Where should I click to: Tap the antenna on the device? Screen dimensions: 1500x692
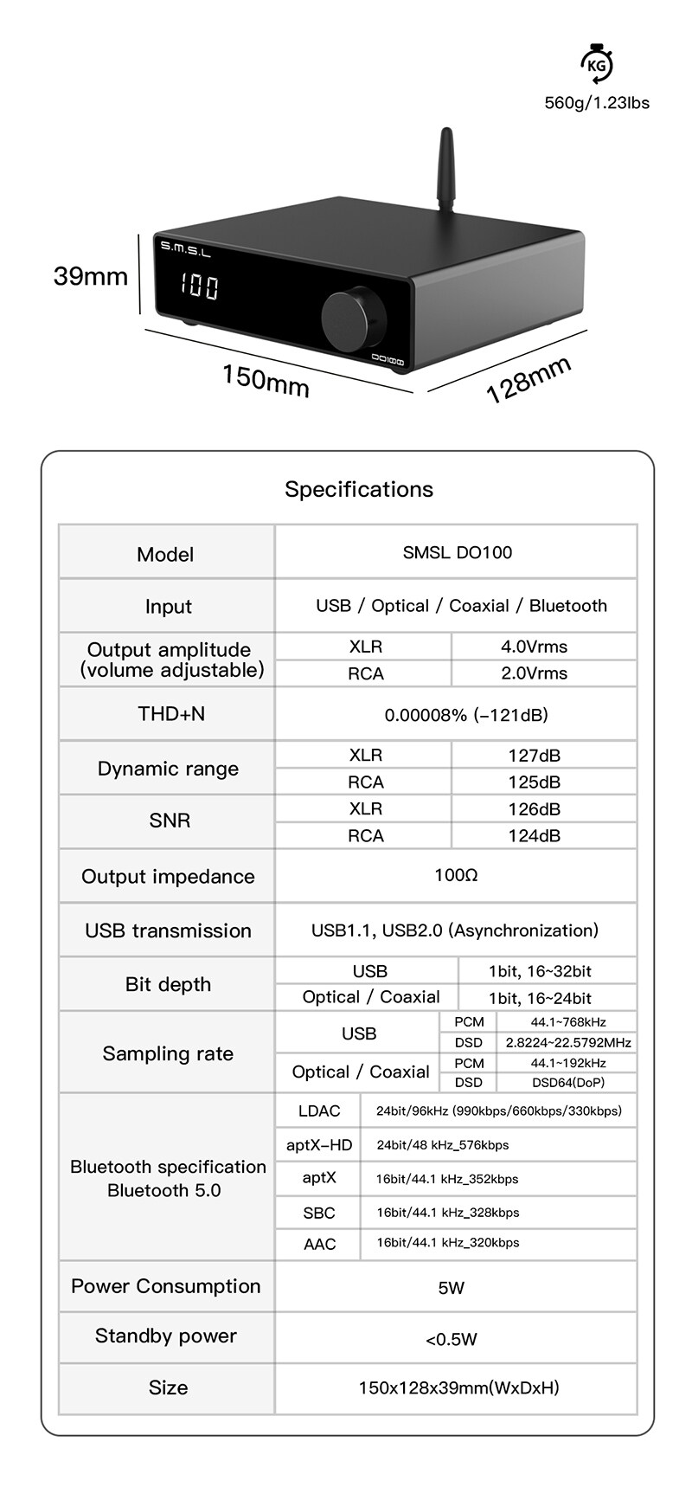pos(446,172)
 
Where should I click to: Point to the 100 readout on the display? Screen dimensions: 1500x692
pos(199,286)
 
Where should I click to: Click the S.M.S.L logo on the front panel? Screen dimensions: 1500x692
pos(185,249)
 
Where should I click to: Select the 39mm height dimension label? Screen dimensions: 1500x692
pos(90,276)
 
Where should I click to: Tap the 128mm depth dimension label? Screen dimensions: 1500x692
pos(529,379)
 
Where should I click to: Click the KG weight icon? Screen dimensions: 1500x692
pos(595,64)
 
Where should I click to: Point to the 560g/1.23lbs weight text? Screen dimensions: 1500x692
pos(596,103)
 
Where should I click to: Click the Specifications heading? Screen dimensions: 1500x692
pos(359,489)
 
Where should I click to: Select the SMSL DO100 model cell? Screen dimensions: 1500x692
pos(457,552)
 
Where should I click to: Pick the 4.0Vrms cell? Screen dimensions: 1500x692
pos(534,647)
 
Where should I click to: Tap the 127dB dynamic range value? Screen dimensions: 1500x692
pos(534,756)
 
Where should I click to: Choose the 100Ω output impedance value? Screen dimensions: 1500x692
pos(456,875)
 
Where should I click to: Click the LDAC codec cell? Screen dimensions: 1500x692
pos(319,1111)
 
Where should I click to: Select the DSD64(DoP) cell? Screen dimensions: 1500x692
pos(567,1082)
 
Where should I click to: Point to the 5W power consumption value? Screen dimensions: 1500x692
pos(452,1288)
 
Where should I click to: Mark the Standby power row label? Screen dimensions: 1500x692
pos(166,1336)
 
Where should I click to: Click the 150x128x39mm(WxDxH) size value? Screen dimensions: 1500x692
pos(458,1387)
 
